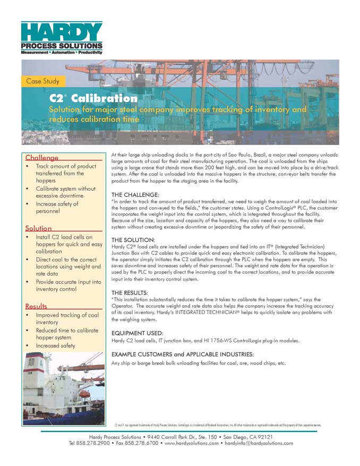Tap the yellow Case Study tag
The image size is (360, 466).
click(x=43, y=81)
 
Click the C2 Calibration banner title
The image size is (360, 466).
click(x=93, y=98)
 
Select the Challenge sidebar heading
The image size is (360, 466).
click(x=42, y=158)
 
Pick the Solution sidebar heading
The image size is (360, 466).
click(x=39, y=228)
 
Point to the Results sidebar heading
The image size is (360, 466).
click(x=36, y=306)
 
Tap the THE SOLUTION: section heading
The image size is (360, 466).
click(x=133, y=240)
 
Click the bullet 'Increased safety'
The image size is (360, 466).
click(x=55, y=345)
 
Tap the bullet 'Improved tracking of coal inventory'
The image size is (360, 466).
click(x=67, y=319)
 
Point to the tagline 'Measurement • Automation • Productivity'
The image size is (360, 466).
click(x=61, y=54)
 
